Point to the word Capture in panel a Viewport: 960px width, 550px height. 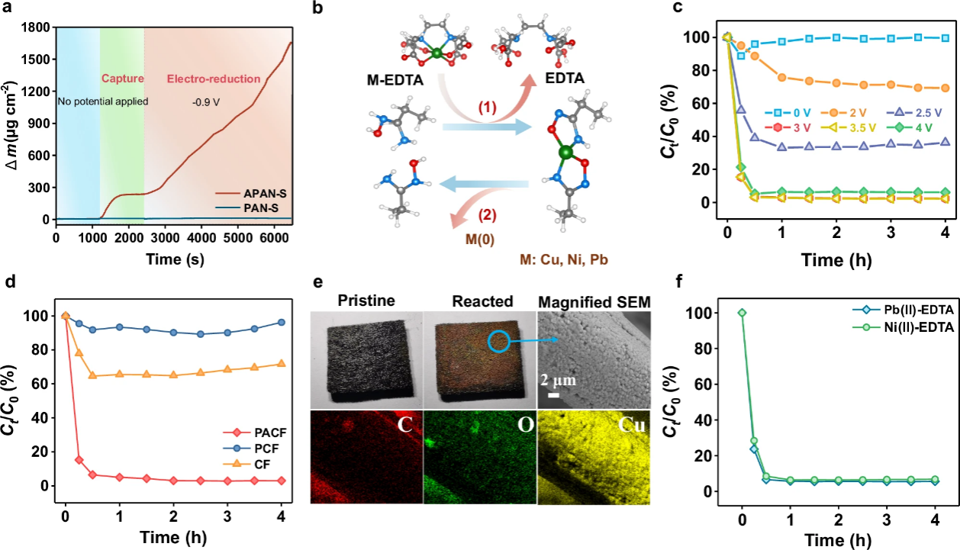click(121, 77)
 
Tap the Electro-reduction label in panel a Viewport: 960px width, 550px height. click(213, 78)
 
